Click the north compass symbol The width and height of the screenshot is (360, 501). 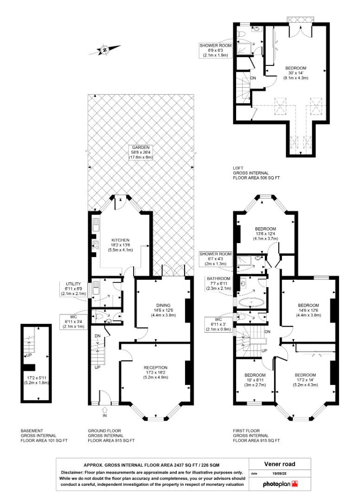105,50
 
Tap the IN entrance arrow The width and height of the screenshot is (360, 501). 104,409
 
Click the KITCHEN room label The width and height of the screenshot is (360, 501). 121,240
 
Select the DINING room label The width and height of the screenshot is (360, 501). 163,305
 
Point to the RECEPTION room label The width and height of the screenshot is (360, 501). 155,367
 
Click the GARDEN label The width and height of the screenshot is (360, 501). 141,148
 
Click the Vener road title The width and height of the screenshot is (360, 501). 279,464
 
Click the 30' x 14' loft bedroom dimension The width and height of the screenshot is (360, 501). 296,73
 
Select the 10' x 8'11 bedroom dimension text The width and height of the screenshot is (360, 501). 255,380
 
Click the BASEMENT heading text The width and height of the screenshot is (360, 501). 32,430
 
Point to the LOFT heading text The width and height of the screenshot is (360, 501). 238,168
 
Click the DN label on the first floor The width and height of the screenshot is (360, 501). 267,332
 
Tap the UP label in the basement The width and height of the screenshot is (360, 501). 29,355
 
